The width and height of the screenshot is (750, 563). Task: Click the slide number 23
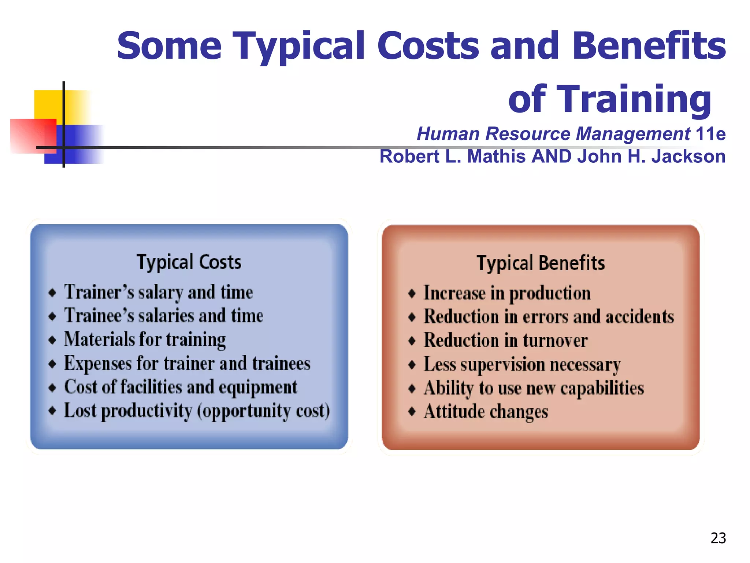tap(718, 538)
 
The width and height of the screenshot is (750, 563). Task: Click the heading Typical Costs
tap(189, 262)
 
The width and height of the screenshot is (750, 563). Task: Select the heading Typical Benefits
tap(541, 263)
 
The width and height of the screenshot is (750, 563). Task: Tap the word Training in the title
tap(610, 99)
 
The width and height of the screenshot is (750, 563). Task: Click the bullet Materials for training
tap(145, 339)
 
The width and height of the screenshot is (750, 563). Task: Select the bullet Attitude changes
tap(486, 412)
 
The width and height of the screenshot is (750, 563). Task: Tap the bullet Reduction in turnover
tap(506, 341)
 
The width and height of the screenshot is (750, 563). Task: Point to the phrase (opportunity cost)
tap(263, 411)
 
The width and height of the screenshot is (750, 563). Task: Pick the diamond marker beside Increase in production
tap(412, 293)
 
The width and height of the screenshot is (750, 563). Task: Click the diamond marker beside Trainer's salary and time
tap(52, 292)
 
